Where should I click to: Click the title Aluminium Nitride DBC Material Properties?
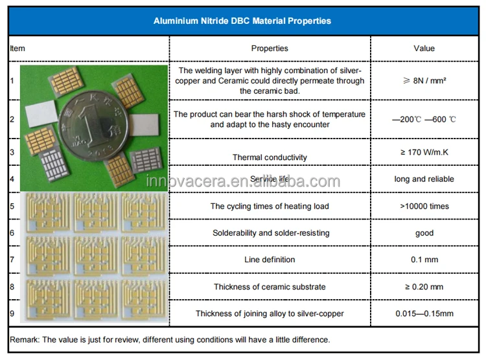pyautogui.click(x=242, y=21)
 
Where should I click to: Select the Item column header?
pyautogui.click(x=17, y=49)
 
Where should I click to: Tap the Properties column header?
pyautogui.click(x=270, y=49)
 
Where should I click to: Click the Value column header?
pyautogui.click(x=424, y=49)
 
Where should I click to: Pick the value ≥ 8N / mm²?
pyautogui.click(x=424, y=81)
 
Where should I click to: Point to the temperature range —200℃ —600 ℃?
pyautogui.click(x=424, y=119)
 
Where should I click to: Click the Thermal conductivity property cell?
pyautogui.click(x=270, y=157)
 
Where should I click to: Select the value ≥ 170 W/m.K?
pyautogui.click(x=424, y=153)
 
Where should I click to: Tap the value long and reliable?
pyautogui.click(x=424, y=179)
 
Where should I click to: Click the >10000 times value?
pyautogui.click(x=424, y=207)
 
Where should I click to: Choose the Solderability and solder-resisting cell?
pyautogui.click(x=270, y=233)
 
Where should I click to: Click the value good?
pyautogui.click(x=424, y=233)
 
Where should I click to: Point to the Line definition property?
pyautogui.click(x=270, y=260)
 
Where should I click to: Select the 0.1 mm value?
pyautogui.click(x=424, y=260)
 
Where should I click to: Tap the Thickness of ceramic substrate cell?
pyautogui.click(x=270, y=287)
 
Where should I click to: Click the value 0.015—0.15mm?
pyautogui.click(x=424, y=313)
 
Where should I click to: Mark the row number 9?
pyautogui.click(x=12, y=313)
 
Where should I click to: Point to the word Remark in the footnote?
pyautogui.click(x=25, y=340)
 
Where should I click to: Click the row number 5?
pyautogui.click(x=12, y=207)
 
